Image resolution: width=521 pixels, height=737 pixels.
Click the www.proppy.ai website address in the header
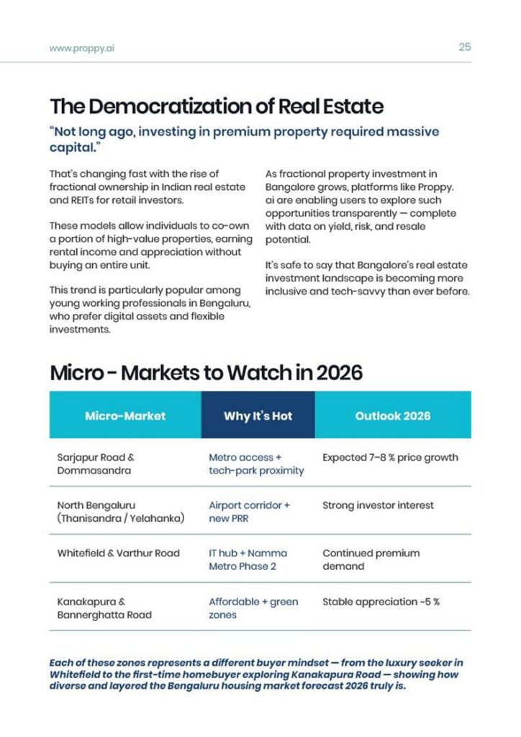point(82,48)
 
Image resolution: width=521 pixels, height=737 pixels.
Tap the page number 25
point(464,48)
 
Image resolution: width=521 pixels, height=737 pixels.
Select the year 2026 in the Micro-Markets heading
point(339,373)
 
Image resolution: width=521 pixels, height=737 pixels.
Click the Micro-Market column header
point(125,415)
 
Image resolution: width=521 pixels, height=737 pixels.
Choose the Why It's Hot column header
point(258,415)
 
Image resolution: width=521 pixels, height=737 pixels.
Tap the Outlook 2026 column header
point(392,415)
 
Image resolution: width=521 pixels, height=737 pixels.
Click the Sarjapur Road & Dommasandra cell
point(96,464)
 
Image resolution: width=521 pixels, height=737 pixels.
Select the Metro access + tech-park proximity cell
point(256,464)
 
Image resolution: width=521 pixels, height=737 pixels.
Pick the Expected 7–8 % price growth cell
point(390,457)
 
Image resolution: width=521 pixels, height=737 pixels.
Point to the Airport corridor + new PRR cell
point(249,512)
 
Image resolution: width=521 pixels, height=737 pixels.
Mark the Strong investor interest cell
point(378,505)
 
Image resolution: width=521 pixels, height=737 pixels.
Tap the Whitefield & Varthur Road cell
point(118,553)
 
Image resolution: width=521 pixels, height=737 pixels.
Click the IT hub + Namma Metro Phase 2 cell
point(248,560)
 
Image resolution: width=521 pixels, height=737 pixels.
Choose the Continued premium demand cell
point(371,560)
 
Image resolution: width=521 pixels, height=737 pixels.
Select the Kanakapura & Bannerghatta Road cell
point(104,608)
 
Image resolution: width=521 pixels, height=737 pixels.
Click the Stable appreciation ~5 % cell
point(381,602)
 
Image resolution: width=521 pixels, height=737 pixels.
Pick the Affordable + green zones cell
point(253,608)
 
